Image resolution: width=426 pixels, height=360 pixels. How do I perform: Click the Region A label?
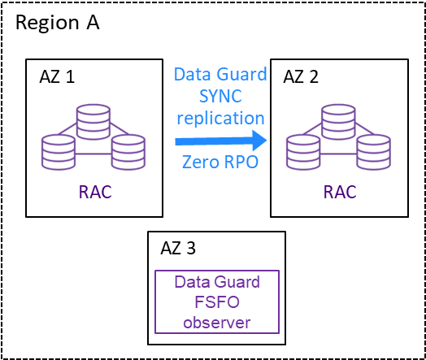58,23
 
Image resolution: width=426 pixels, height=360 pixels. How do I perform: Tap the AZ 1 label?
57,76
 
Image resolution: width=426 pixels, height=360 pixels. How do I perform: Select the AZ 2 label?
301,76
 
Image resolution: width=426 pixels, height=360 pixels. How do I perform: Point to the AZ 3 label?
178,248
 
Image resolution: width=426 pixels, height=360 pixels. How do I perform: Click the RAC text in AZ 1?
95,193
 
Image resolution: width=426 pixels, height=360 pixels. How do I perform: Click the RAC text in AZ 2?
340,193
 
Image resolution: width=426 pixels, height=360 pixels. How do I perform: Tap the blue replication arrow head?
259,141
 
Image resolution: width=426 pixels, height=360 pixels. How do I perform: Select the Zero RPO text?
220,162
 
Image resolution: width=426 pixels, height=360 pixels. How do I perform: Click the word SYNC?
220,96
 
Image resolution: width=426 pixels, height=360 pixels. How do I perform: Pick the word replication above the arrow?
220,119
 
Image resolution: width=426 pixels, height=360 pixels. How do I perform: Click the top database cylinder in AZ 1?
93,122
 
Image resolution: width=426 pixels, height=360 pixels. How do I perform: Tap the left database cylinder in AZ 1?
59,152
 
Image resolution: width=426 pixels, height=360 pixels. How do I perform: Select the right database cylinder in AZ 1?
128,152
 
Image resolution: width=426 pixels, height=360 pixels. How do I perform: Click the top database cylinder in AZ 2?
338,122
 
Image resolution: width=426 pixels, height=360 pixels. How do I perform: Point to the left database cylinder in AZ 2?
303,152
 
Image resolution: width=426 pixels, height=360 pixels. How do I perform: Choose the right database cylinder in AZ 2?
374,152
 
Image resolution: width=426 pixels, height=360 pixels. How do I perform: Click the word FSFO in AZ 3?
217,302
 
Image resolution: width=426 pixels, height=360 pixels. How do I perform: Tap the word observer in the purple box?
217,323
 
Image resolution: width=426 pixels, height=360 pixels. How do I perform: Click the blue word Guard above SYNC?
241,74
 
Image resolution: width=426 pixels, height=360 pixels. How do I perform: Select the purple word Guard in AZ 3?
237,282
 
